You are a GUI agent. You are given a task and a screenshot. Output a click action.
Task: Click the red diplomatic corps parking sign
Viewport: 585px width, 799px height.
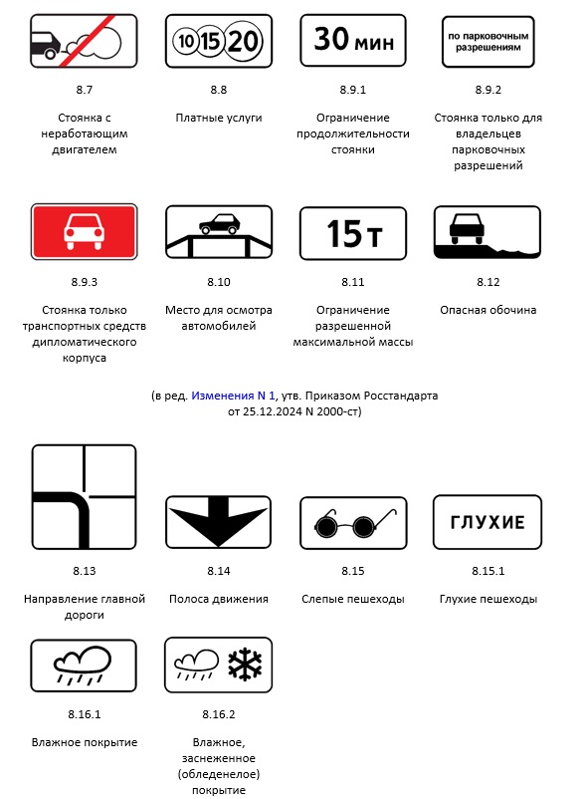click(x=84, y=232)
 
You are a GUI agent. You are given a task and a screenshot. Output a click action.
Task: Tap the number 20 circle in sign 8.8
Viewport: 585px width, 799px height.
click(x=243, y=41)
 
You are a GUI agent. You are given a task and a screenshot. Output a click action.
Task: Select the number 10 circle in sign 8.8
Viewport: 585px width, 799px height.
click(x=185, y=41)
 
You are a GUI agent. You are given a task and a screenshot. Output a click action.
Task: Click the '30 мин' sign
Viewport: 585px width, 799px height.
click(x=353, y=41)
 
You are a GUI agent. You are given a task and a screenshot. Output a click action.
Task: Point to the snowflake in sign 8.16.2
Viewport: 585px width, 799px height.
click(x=245, y=665)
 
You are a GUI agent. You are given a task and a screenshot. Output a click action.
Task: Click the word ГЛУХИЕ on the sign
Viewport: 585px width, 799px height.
click(x=487, y=522)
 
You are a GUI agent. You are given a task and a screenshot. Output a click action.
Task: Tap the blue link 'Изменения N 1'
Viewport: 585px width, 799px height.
click(x=233, y=396)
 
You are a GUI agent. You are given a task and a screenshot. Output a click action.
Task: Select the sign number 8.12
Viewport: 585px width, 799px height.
click(x=487, y=282)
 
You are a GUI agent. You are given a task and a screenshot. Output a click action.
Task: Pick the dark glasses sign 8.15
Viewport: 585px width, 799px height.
click(x=353, y=523)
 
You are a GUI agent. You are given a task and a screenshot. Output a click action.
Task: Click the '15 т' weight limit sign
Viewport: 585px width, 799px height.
click(x=353, y=233)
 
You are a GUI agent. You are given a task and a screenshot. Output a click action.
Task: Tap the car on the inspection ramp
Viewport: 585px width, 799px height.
click(x=219, y=224)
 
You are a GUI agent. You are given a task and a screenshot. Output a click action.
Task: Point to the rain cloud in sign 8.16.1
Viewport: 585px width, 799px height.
click(x=83, y=665)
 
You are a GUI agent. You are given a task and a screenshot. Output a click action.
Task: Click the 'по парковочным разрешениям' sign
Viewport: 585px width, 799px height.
click(x=487, y=42)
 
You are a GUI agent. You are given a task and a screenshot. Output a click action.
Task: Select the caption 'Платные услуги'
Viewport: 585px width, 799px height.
click(x=219, y=118)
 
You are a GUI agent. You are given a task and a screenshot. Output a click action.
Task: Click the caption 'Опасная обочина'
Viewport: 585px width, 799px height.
click(x=487, y=310)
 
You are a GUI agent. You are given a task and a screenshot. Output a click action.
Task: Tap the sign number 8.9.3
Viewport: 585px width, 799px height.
click(x=84, y=282)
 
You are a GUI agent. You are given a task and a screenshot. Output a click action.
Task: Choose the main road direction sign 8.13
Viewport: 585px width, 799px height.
click(x=84, y=497)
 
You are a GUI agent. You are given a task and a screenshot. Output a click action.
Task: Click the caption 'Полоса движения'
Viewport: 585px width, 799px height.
click(x=219, y=599)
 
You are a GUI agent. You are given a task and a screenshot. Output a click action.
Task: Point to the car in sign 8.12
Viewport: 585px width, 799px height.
click(x=466, y=228)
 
